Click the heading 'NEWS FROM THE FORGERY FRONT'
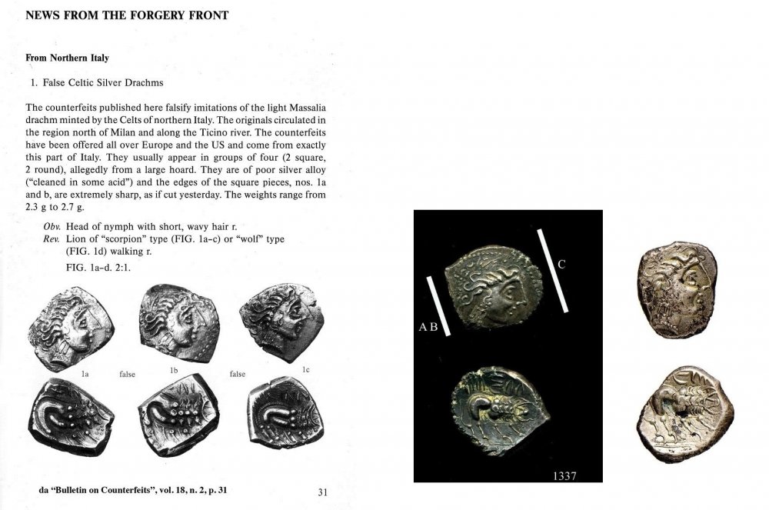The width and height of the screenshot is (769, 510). (x=127, y=15)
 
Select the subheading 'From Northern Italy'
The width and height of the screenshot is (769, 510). (x=67, y=58)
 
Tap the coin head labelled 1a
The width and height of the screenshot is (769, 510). (x=71, y=328)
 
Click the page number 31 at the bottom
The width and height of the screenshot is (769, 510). (x=323, y=492)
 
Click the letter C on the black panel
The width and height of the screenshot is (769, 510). (x=561, y=265)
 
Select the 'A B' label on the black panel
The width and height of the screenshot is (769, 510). (x=428, y=327)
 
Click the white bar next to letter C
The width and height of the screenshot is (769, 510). (x=552, y=269)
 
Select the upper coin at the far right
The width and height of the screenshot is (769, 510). (x=677, y=278)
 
